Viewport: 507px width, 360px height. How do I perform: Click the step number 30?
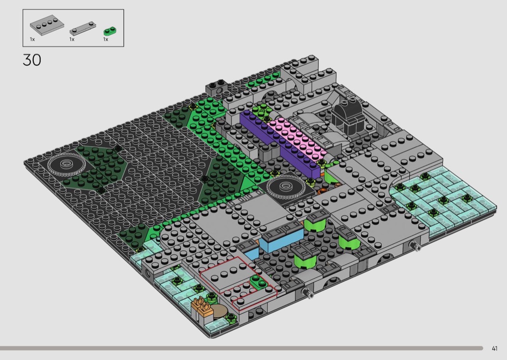[x=32, y=60]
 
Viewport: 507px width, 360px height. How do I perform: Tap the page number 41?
[x=494, y=348]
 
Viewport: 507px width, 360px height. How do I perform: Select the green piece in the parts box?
[x=110, y=31]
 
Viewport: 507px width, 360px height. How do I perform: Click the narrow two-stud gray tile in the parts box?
[x=83, y=28]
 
